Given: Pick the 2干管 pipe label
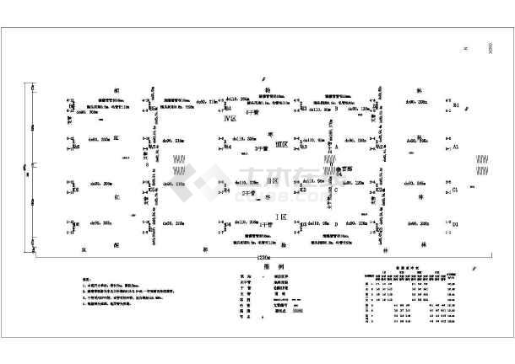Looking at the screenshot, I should (248, 194).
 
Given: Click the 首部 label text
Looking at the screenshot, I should (343, 169).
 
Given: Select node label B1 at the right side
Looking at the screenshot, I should (456, 106).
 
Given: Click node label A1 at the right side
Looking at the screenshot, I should (456, 147).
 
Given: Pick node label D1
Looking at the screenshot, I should (456, 225).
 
